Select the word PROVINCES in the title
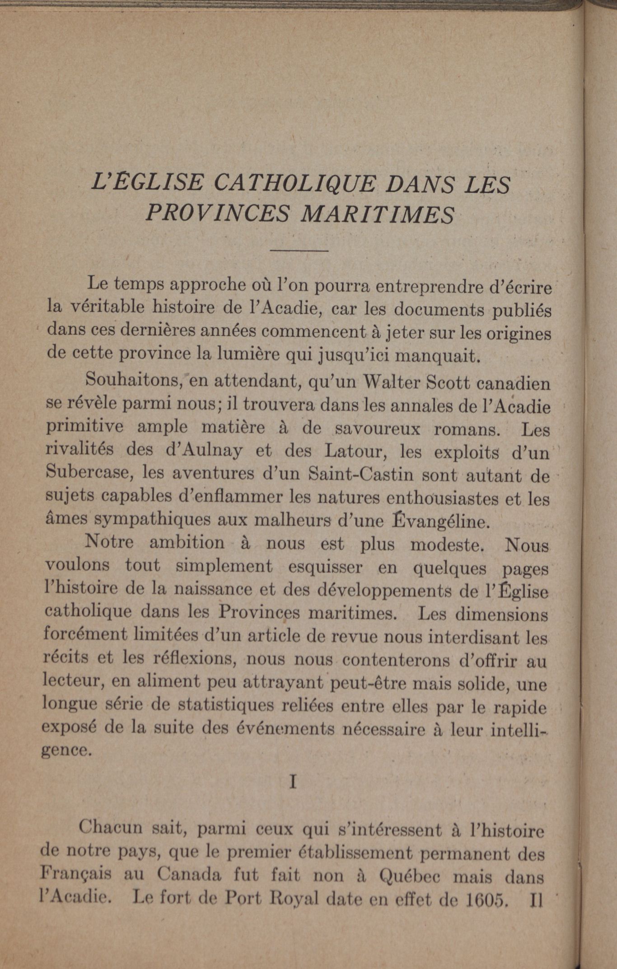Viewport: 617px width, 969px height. pyautogui.click(x=217, y=212)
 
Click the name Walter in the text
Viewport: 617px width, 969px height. pyautogui.click(x=389, y=383)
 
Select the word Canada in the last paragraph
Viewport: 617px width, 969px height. pyautogui.click(x=189, y=875)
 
